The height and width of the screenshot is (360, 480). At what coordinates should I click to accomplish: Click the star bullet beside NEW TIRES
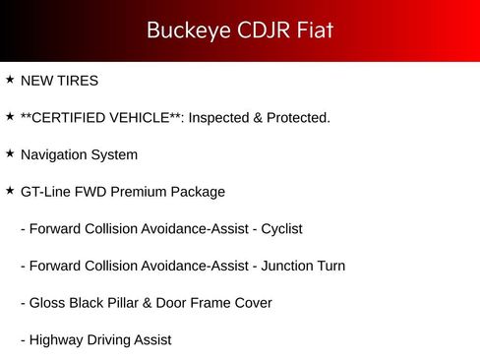point(10,80)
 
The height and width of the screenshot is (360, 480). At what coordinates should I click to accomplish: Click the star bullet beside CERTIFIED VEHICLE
point(10,117)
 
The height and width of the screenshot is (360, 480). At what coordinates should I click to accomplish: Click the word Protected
point(297,118)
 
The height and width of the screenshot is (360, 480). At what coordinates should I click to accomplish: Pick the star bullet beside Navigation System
point(10,153)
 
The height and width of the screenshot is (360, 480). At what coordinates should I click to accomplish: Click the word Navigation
point(53,155)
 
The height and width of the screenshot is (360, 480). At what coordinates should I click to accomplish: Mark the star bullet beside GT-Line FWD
point(10,191)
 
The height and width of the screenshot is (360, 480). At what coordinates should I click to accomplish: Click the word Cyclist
point(281,229)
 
